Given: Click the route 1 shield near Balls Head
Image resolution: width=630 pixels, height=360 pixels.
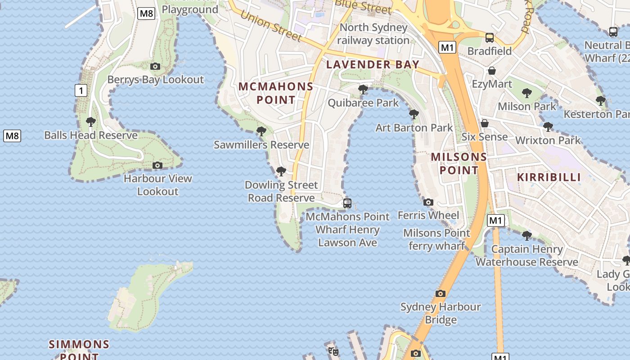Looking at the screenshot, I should coord(81,91).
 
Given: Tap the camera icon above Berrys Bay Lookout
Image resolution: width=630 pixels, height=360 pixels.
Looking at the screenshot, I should coord(155,67).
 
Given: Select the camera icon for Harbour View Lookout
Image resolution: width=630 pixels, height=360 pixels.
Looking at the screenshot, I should coord(157,165).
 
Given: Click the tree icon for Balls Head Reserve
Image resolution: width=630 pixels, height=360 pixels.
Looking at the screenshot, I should coord(91,121).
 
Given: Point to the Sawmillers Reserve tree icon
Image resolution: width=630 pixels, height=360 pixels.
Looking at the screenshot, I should coord(261,131).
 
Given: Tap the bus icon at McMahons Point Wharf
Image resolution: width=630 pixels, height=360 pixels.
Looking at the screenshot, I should coord(347,203).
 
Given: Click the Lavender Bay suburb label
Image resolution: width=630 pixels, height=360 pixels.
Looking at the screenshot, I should coord(373,64).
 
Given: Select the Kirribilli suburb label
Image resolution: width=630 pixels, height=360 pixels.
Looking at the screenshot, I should coord(549,177).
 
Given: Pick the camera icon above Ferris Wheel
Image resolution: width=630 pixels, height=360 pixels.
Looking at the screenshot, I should coord(428,202).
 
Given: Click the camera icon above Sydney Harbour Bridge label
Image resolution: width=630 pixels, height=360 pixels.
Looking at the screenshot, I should coord(441,293).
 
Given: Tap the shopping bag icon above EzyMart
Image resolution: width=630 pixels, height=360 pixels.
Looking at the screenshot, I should coord(492,71).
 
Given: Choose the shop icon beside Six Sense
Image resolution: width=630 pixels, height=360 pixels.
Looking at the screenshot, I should coord(485,123).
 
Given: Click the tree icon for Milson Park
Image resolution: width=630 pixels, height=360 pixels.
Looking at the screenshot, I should coord(526,93).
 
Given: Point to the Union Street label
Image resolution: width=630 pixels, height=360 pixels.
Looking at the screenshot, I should coord(270,25).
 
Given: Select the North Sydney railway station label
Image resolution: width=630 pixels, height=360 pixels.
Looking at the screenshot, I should coord(373,34).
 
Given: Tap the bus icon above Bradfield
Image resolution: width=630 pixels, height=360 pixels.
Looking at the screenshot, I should coord(490,38).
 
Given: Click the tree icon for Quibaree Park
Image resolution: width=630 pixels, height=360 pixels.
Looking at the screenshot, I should coord(363,90).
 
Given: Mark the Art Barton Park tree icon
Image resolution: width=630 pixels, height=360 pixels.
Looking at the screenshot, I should coord(414,114).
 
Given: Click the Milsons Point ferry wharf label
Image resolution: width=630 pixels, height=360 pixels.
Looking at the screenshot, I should coord(436,239).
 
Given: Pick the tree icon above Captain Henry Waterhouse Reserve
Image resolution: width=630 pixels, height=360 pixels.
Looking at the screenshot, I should coord(526,235).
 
